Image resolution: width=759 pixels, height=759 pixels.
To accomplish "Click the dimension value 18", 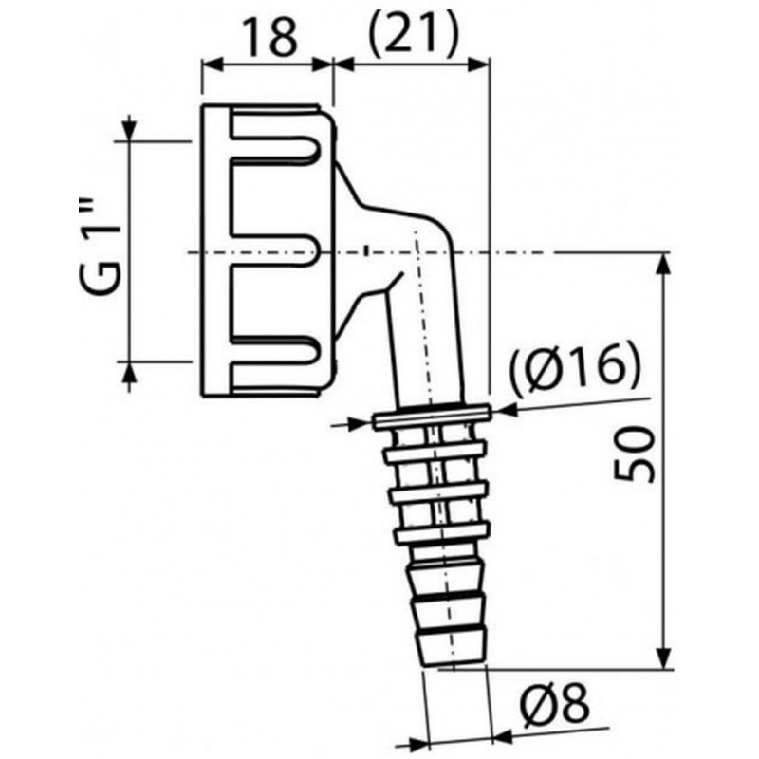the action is (x=270, y=38).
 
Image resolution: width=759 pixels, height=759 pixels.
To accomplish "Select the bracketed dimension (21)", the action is (x=413, y=36).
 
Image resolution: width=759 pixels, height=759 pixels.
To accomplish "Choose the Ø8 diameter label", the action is (x=555, y=702).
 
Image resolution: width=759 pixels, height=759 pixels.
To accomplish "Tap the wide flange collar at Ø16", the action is (x=433, y=416).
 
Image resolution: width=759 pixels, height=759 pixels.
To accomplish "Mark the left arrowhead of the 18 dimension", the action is (x=212, y=65).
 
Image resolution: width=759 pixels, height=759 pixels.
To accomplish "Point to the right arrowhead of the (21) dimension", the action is (x=479, y=65).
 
